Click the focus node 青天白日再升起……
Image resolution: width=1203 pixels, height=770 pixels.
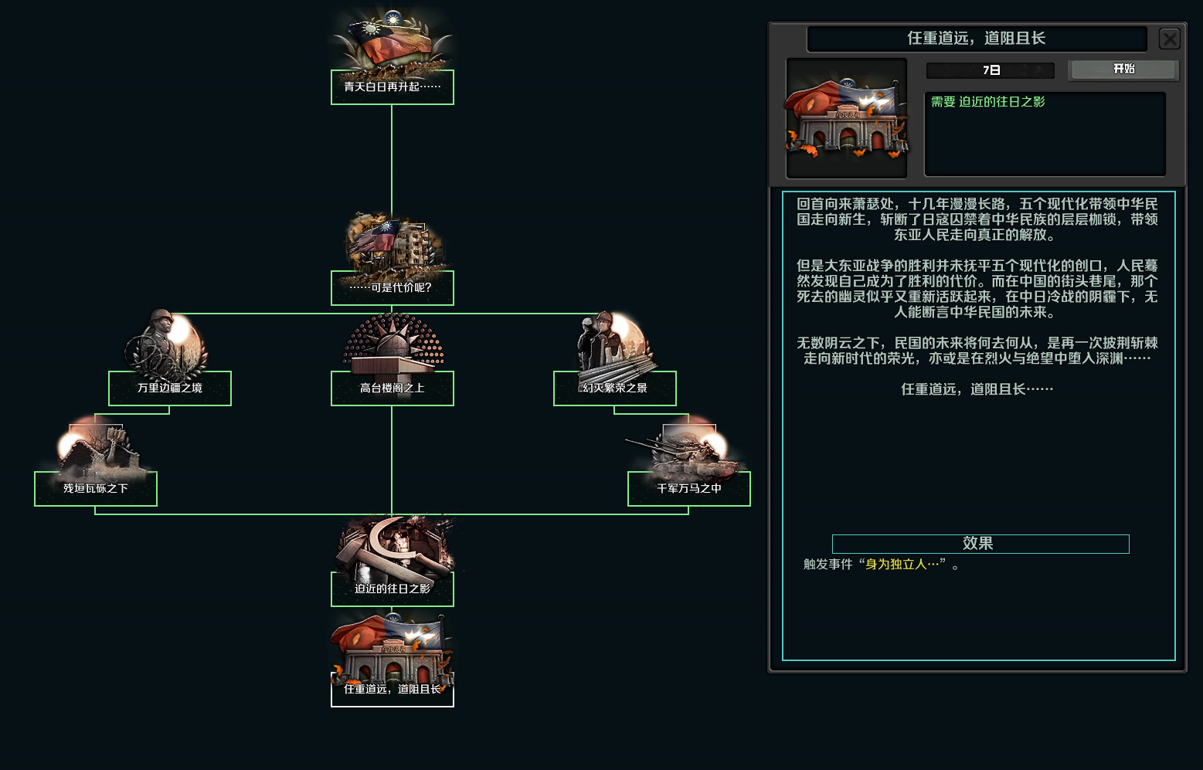pos(392,86)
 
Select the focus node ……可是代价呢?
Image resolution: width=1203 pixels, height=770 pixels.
pos(392,287)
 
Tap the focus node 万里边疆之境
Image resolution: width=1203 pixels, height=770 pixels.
pos(169,388)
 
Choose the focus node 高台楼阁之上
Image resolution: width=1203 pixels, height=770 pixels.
pos(392,388)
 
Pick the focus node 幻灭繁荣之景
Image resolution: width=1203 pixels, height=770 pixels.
pos(614,388)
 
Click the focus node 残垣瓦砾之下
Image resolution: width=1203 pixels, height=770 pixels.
pos(95,488)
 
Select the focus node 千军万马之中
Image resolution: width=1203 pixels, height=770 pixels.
pos(688,488)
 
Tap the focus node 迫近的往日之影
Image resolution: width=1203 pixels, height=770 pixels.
pos(392,589)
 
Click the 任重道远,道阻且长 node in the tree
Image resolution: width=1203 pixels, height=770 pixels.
pos(392,689)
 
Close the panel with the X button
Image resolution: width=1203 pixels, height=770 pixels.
pos(1170,39)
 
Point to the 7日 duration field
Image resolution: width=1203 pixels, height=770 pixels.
pos(991,70)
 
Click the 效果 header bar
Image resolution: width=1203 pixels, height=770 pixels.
pos(980,544)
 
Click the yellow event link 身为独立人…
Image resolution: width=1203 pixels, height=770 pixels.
pos(902,565)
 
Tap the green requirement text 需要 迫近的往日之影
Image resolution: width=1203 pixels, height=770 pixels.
pos(987,102)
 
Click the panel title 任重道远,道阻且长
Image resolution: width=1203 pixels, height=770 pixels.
pos(976,39)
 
